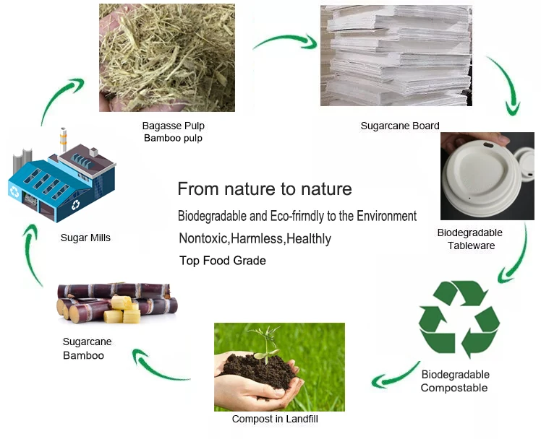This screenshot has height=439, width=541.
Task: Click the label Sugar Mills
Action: pyautogui.click(x=85, y=237)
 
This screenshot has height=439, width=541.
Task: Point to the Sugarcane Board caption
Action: pyautogui.click(x=399, y=126)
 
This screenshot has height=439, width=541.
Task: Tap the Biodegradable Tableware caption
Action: pyautogui.click(x=469, y=239)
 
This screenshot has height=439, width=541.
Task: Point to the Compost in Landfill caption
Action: pyautogui.click(x=275, y=419)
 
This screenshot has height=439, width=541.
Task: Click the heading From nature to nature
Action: pyautogui.click(x=265, y=189)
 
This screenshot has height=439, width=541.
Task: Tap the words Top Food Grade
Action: pyautogui.click(x=223, y=260)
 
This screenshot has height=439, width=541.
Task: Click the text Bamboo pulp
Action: pyautogui.click(x=173, y=138)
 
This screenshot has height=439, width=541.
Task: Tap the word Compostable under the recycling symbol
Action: pyautogui.click(x=454, y=388)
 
